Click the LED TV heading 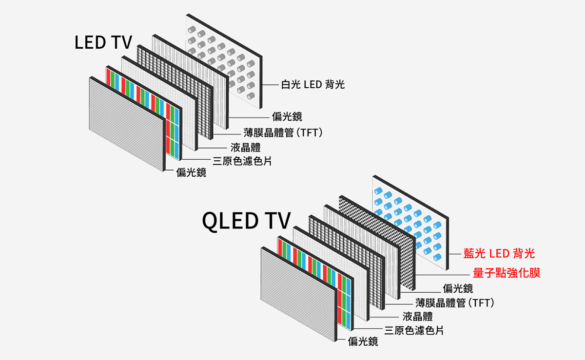[103, 43]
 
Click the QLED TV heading [246, 221]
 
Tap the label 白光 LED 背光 [312, 85]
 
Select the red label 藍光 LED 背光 [499, 253]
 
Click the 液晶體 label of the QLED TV [418, 316]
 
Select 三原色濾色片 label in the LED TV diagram [242, 160]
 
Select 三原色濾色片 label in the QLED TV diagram [414, 330]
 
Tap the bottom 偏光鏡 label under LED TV [191, 172]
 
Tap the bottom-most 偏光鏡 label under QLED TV [363, 342]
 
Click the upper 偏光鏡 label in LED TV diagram [287, 116]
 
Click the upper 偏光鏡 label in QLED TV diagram [458, 288]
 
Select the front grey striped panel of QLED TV [298, 292]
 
